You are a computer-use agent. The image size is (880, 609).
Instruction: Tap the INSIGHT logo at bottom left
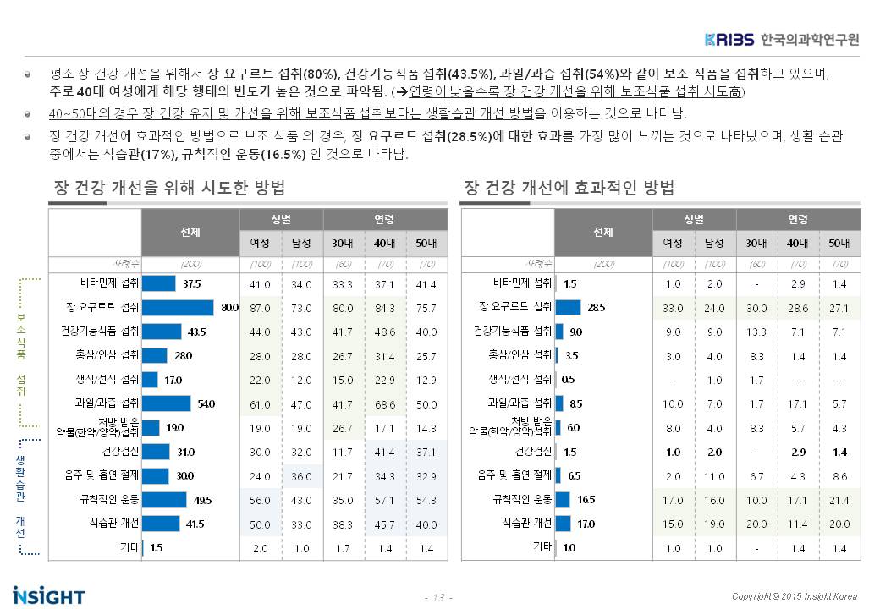49,595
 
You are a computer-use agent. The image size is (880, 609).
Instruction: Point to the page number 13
438,598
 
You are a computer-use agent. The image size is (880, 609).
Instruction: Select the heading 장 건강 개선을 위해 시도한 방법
168,187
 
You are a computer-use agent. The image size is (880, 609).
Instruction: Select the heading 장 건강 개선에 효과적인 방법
569,187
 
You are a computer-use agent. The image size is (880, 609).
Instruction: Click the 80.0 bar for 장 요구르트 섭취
178,306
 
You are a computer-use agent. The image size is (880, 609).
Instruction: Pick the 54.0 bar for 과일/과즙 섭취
167,403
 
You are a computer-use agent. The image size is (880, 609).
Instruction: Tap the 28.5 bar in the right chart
568,306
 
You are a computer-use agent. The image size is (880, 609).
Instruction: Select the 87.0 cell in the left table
260,306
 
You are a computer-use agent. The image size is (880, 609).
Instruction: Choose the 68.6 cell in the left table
384,403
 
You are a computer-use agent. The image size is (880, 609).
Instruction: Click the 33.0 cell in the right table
673,306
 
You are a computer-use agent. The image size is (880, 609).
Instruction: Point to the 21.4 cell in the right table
839,500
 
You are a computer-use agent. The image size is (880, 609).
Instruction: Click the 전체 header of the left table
190,232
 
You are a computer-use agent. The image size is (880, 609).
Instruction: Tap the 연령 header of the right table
798,220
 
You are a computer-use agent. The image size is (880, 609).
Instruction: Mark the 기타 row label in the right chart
542,547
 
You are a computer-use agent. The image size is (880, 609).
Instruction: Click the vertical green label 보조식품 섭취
21,355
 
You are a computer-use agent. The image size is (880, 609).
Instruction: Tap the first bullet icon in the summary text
28,74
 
